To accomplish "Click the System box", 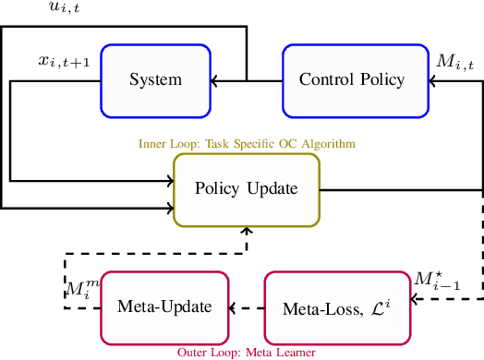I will point(155,80).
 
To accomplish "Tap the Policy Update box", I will point(247,189).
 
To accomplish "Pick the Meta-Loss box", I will point(337,306).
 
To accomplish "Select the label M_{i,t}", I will point(455,63).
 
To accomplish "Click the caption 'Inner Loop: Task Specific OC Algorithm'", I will point(247,144).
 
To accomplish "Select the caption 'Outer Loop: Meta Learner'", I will point(247,352).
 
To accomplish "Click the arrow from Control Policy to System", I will point(247,80).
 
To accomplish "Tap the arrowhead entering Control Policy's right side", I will point(435,80).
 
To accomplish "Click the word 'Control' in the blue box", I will point(322,80).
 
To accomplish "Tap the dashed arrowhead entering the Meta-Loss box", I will point(413,298).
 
